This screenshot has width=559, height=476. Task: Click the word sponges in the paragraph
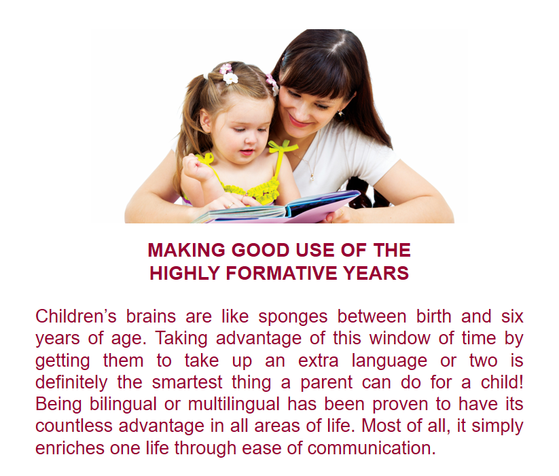pyautogui.click(x=293, y=317)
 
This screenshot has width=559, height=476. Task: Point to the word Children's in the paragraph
pyautogui.click(x=76, y=316)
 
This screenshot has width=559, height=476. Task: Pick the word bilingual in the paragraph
pyautogui.click(x=123, y=405)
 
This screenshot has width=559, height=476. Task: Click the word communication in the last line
pyautogui.click(x=371, y=448)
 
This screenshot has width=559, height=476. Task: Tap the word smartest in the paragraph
pyautogui.click(x=187, y=382)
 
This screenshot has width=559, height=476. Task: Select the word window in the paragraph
pyautogui.click(x=399, y=337)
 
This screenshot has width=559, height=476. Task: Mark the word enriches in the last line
pyautogui.click(x=70, y=448)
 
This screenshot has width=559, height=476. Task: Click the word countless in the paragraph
pyautogui.click(x=75, y=426)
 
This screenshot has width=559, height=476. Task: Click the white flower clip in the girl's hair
pyautogui.click(x=230, y=77)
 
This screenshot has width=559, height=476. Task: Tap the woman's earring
pyautogui.click(x=340, y=113)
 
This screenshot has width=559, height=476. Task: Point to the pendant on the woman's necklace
pyautogui.click(x=312, y=177)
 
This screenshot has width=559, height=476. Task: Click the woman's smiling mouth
pyautogui.click(x=299, y=122)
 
